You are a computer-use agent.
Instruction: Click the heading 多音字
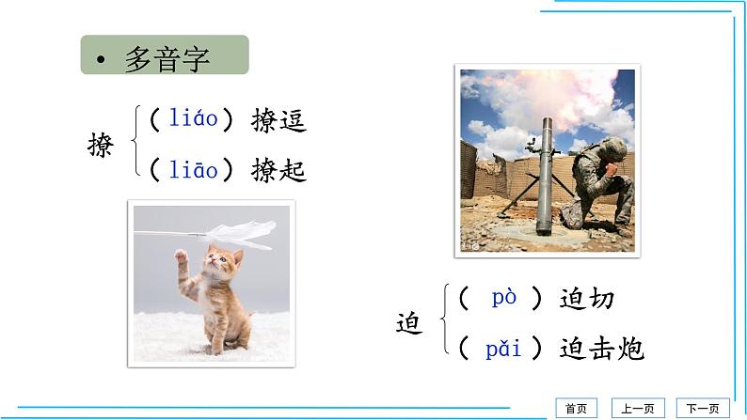click(x=167, y=57)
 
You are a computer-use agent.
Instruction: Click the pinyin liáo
click(x=194, y=119)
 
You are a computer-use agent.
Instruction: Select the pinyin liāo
click(x=194, y=170)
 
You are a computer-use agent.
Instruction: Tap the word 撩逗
click(x=279, y=120)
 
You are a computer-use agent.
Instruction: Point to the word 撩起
click(x=279, y=171)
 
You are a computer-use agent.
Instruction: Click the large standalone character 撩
click(x=100, y=146)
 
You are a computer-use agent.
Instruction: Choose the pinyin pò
click(x=504, y=298)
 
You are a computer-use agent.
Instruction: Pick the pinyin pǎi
click(x=503, y=350)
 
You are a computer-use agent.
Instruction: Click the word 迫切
click(x=586, y=299)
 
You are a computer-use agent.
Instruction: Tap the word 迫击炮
click(x=601, y=350)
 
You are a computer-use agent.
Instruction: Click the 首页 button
click(x=575, y=408)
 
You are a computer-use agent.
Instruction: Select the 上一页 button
click(x=638, y=408)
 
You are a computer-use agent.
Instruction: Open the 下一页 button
click(x=702, y=408)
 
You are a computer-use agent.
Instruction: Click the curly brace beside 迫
click(x=443, y=323)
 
